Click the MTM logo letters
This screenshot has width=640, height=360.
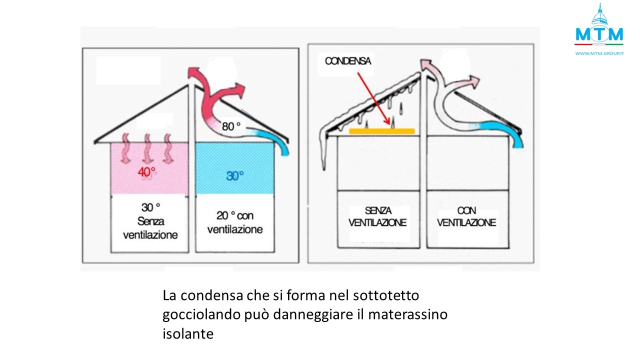click(x=599, y=34)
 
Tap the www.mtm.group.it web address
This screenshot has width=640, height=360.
click(x=599, y=53)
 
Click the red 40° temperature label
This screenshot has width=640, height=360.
click(x=146, y=172)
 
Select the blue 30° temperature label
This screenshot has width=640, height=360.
click(x=235, y=175)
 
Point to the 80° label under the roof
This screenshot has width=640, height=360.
click(x=231, y=126)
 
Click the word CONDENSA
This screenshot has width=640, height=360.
click(x=348, y=61)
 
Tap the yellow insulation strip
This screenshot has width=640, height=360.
click(x=381, y=131)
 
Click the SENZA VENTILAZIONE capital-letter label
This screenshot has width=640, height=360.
click(x=377, y=216)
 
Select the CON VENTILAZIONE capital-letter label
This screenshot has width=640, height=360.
click(x=466, y=216)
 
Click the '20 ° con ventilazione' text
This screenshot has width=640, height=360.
click(x=235, y=222)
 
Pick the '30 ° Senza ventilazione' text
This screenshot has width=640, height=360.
click(x=150, y=221)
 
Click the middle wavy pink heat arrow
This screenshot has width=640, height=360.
click(x=147, y=148)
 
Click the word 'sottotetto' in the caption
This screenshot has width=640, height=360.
click(x=386, y=295)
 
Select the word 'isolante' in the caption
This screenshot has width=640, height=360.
click(x=188, y=333)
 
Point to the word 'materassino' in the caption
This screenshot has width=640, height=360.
click(x=407, y=314)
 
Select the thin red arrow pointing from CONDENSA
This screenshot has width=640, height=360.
click(x=373, y=98)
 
